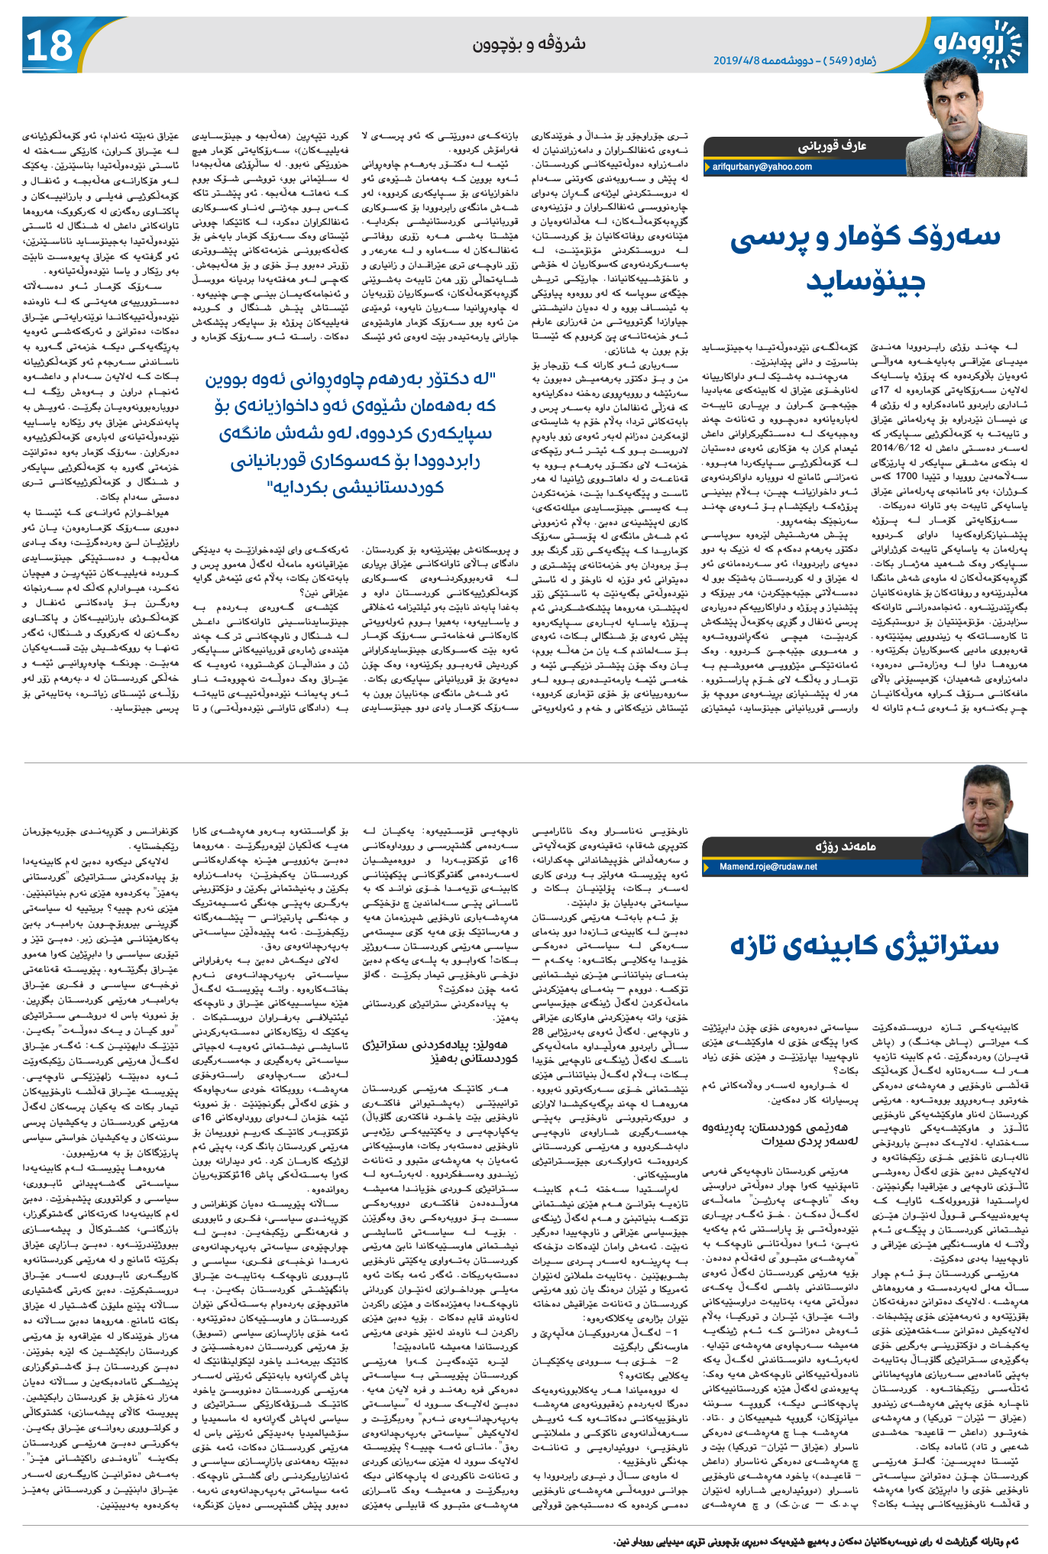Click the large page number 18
pyautogui.click(x=50, y=46)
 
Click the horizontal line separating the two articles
pyautogui.click(x=524, y=762)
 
